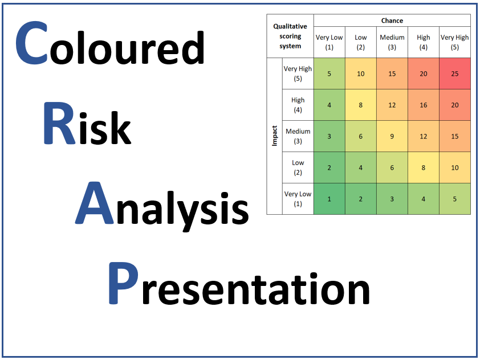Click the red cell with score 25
(454, 73)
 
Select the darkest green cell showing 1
(329, 199)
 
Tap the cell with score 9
(392, 136)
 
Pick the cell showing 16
(424, 105)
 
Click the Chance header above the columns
(392, 21)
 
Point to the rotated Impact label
(275, 136)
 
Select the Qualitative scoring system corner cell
(290, 36)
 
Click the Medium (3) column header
(392, 42)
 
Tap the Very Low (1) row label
(298, 199)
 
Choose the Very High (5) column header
(454, 42)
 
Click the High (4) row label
(298, 105)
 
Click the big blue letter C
(31, 43)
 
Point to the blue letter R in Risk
(59, 123)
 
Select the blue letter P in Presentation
(123, 283)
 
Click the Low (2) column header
(361, 42)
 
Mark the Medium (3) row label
(298, 136)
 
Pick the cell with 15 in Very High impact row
(392, 73)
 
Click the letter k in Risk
(120, 128)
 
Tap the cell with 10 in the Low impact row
(454, 167)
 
